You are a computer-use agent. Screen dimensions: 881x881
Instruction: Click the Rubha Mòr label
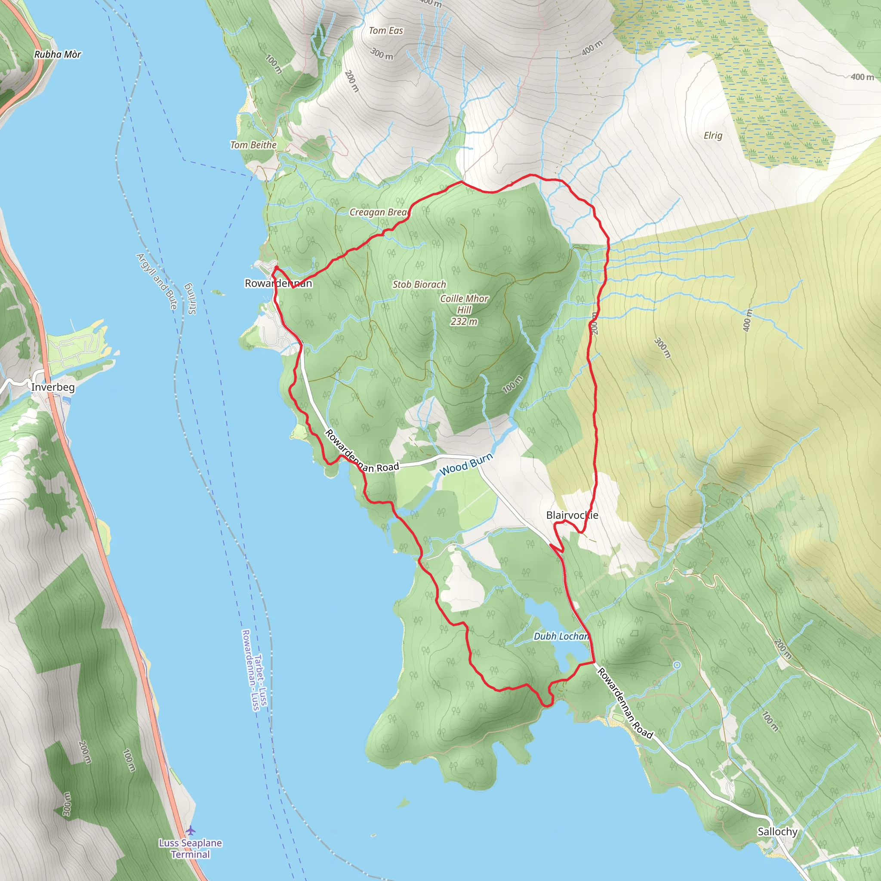coord(58,54)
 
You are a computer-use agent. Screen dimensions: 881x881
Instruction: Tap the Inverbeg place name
coord(53,387)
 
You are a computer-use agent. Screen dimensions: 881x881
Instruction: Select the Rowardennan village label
coord(278,283)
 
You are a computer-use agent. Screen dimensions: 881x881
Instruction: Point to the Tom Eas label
coord(386,31)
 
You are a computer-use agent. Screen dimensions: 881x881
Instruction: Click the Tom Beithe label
coord(253,145)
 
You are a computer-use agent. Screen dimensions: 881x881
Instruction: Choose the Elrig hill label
coord(713,136)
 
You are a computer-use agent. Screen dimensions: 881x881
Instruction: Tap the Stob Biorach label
coord(419,284)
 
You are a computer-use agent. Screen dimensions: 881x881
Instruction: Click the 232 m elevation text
coord(464,321)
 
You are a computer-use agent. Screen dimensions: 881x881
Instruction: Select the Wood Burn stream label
coord(465,464)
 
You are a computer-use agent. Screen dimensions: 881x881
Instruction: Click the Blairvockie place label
coord(572,515)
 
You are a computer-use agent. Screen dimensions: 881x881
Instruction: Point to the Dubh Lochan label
coord(561,636)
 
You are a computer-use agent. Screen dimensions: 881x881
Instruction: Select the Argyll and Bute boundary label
coord(157,281)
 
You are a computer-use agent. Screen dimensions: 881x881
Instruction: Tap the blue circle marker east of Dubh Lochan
coord(677,665)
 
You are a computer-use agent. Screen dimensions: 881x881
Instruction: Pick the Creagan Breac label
coord(379,213)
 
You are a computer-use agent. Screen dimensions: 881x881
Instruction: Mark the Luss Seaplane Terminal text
coord(190,849)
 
